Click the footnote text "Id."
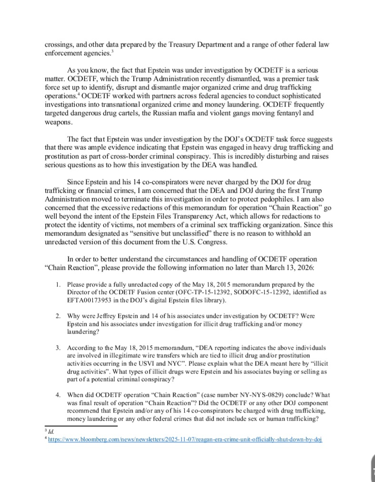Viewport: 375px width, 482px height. (46, 431)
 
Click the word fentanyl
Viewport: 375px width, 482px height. (294, 113)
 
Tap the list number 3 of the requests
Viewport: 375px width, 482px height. (57, 348)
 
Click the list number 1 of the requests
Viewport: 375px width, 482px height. (57, 285)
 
